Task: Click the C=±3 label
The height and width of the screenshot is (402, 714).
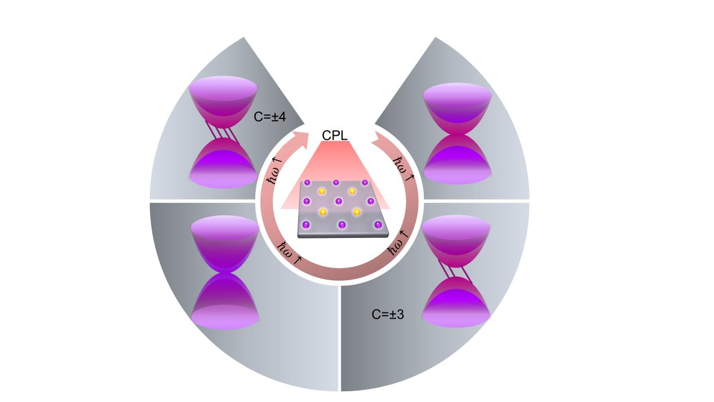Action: coord(388,315)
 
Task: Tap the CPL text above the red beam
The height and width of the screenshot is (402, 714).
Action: coord(334,135)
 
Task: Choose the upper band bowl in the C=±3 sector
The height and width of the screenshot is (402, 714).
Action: coord(455,240)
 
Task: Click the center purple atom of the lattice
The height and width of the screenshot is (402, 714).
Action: coord(339,200)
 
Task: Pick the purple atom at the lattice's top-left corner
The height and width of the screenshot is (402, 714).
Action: coord(307,182)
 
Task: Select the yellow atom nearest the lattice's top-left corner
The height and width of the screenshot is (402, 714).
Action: coord(322,191)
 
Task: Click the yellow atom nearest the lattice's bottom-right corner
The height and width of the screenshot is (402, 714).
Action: coord(357,212)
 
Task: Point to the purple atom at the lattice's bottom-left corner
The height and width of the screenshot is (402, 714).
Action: coord(306,224)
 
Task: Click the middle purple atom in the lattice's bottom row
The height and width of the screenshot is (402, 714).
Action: coord(342,224)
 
